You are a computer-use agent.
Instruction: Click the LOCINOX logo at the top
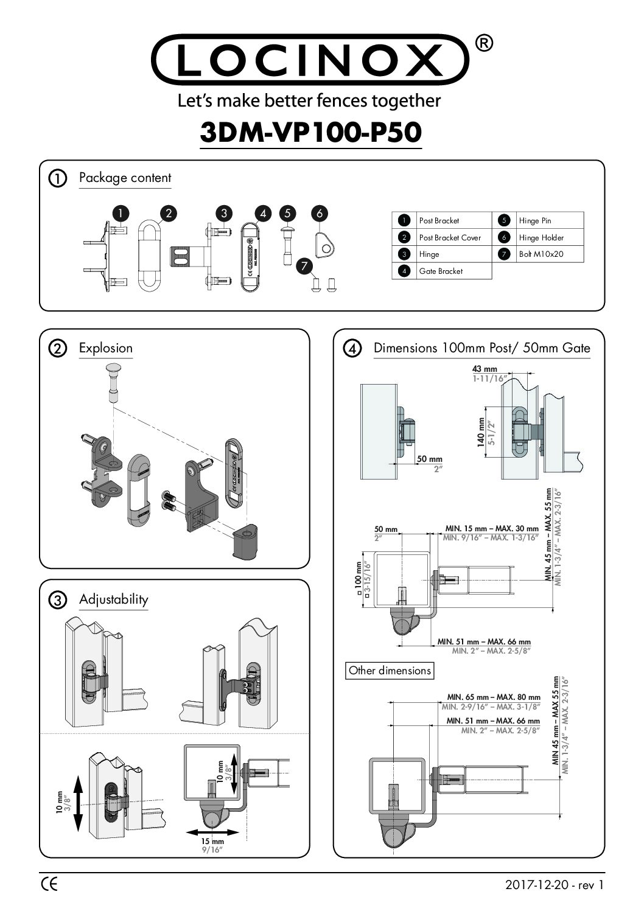tap(309, 60)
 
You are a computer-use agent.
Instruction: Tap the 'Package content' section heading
tap(125, 178)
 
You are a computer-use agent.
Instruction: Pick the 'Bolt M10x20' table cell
tap(541, 254)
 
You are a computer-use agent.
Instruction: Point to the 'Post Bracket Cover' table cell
tap(449, 237)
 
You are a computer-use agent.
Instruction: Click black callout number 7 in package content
tap(305, 265)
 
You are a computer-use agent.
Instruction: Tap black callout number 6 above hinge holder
tap(319, 213)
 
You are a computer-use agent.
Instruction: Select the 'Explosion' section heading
tap(105, 348)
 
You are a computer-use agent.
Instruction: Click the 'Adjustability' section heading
tap(113, 599)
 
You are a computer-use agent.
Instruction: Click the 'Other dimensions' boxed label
tap(390, 671)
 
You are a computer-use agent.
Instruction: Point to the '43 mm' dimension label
tap(485, 369)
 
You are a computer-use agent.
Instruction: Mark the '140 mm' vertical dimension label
tap(481, 433)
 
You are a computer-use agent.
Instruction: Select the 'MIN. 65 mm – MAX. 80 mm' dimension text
tap(494, 697)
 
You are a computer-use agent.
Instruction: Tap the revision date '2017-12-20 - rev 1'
tap(555, 885)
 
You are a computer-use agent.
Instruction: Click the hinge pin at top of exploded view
tap(114, 380)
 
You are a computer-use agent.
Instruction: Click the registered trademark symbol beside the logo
tap(483, 43)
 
